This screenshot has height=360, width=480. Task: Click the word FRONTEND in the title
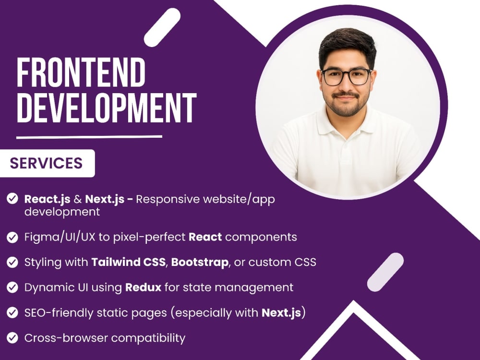pyautogui.click(x=81, y=72)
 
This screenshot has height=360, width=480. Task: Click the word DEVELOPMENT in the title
pyautogui.click(x=107, y=108)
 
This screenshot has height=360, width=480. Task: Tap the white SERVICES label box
pyautogui.click(x=47, y=163)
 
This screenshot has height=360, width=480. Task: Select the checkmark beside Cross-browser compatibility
pyautogui.click(x=12, y=338)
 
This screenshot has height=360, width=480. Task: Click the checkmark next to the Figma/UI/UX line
pyautogui.click(x=12, y=237)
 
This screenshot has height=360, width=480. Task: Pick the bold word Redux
pyautogui.click(x=143, y=288)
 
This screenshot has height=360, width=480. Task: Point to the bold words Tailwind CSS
pyautogui.click(x=128, y=263)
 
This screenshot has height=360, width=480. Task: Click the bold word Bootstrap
pyautogui.click(x=200, y=263)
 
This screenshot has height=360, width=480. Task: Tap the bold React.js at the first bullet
pyautogui.click(x=48, y=200)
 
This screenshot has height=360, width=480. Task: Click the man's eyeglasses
pyautogui.click(x=346, y=77)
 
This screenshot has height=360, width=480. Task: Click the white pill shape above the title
pyautogui.click(x=162, y=27)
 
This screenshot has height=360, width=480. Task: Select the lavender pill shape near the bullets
pyautogui.click(x=385, y=272)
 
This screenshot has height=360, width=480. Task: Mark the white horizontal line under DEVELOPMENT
pyautogui.click(x=89, y=137)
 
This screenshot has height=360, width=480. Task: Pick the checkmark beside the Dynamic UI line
pyautogui.click(x=12, y=288)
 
